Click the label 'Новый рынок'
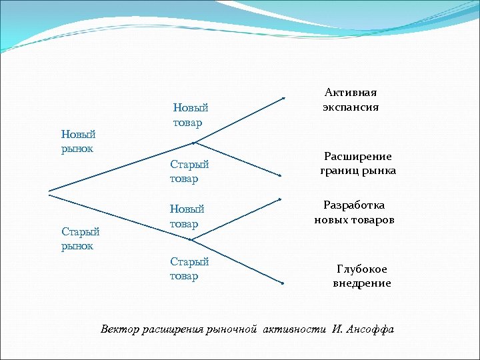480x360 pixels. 78,141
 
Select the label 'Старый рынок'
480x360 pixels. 80,239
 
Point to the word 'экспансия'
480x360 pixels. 351,107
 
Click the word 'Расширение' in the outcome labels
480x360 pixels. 358,157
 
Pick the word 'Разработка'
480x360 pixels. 354,205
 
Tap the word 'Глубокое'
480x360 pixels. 362,269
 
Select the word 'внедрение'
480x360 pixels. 362,283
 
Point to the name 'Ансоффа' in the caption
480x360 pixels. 371,329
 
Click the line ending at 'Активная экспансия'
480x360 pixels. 239,120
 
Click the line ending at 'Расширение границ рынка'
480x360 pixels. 237,159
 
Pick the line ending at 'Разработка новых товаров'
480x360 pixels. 237,213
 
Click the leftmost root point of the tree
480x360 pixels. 49,193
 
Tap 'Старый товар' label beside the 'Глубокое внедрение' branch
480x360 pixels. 189,269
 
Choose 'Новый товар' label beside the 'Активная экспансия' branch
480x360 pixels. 190,115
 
